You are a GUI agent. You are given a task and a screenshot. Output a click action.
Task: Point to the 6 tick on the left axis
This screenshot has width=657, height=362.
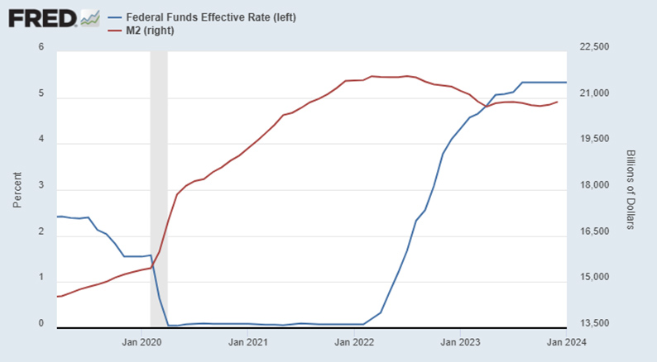pyautogui.click(x=41, y=47)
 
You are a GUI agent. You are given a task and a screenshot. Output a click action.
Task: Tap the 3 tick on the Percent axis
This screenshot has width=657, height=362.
pyautogui.click(x=41, y=189)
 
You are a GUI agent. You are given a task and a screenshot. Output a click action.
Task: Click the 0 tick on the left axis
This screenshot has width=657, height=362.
pyautogui.click(x=41, y=323)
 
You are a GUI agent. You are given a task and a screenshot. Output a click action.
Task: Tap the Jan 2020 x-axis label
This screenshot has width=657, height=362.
pyautogui.click(x=141, y=341)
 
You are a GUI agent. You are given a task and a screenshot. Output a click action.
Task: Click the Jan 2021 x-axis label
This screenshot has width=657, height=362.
pyautogui.click(x=247, y=341)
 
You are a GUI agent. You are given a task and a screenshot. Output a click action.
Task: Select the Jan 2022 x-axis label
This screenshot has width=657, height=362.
pyautogui.click(x=354, y=341)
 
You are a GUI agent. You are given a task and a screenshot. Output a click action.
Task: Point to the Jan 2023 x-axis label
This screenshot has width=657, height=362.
pyautogui.click(x=461, y=341)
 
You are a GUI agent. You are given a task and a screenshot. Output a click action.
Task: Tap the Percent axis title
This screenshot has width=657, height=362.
pyautogui.click(x=17, y=185)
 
